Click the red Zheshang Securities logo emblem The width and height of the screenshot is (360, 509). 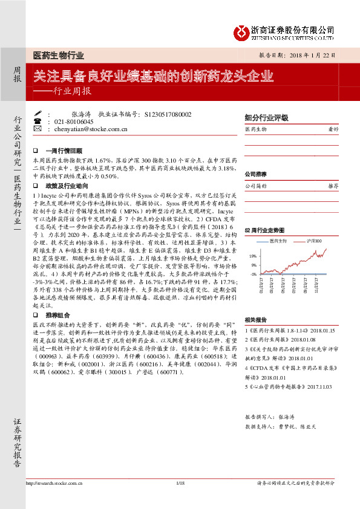(242, 31)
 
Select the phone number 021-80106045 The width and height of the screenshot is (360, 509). (74, 122)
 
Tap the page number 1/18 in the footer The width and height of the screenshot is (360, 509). (180, 500)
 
